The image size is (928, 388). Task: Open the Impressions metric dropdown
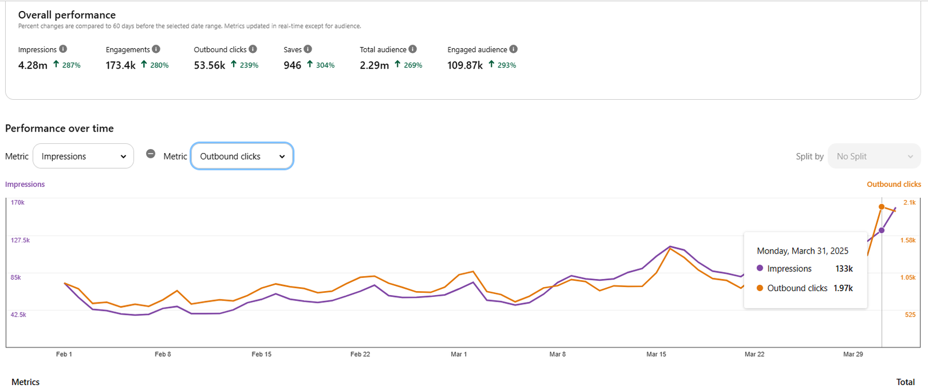coord(83,156)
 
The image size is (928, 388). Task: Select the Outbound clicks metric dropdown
coord(242,156)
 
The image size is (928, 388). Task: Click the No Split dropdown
coord(874,156)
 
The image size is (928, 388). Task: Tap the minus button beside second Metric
coord(151,154)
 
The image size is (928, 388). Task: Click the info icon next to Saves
coord(308,49)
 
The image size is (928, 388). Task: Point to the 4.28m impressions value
coord(32,66)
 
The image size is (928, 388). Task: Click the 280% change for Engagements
coord(159,66)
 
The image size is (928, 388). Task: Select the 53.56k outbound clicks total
coord(209,66)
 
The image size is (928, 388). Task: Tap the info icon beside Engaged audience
coord(513,49)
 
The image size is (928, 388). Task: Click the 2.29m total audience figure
coord(374,66)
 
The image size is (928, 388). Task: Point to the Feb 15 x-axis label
coord(262,354)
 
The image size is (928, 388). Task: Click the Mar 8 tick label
coord(557,354)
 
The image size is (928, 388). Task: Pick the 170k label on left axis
coord(18,202)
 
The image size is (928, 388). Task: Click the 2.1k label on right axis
coord(909,202)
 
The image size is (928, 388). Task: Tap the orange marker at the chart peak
coord(882,207)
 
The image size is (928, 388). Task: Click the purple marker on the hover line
coord(882,230)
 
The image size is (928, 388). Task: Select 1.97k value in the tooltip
coord(843,288)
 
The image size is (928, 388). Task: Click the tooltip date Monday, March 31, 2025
coord(802,251)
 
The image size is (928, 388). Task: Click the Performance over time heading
coord(59,128)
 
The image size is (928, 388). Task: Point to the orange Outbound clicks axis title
coord(894,184)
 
